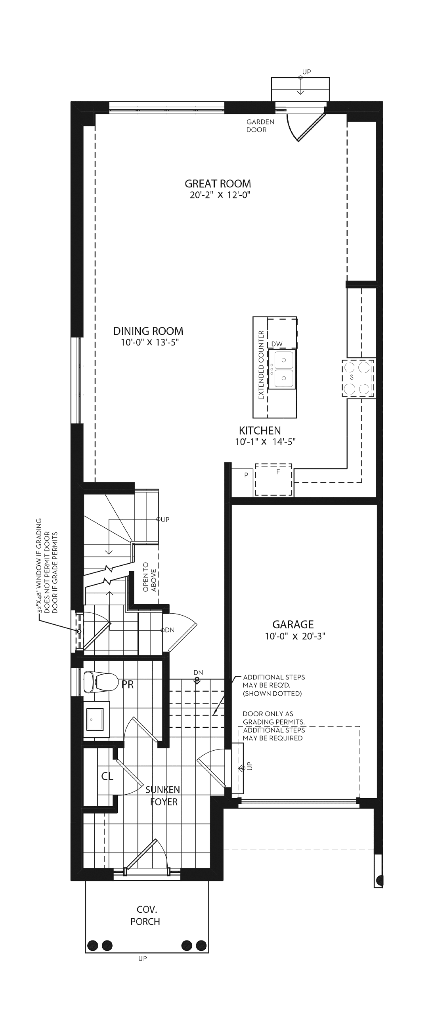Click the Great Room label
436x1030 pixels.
[x=218, y=183]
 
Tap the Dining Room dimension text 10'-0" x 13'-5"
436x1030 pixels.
[x=149, y=342]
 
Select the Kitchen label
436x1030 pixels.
[x=260, y=430]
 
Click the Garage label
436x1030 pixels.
[x=293, y=624]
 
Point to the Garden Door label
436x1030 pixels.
[x=260, y=126]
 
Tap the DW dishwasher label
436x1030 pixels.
[x=277, y=344]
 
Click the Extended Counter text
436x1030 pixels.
[x=261, y=364]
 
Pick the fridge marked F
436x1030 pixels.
[x=273, y=479]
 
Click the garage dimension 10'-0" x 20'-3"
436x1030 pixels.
[x=295, y=636]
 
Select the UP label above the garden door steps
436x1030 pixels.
[x=306, y=72]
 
